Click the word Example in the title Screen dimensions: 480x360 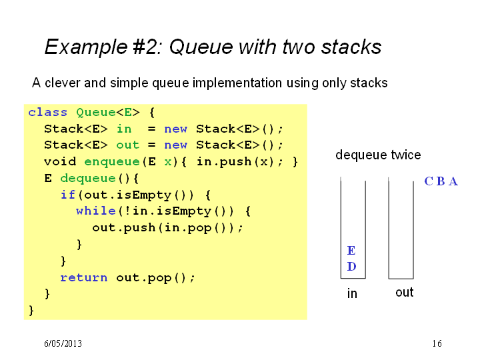click(86, 47)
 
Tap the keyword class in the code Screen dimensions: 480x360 click(48, 113)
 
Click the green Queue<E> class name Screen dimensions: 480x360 click(108, 113)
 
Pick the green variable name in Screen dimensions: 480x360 click(124, 129)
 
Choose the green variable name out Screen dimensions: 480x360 click(127, 145)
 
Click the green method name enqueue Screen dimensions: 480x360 click(112, 161)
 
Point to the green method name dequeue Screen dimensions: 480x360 click(88, 178)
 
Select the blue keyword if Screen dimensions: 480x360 click(67, 195)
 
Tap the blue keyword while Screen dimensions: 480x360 click(96, 211)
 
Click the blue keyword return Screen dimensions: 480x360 click(84, 277)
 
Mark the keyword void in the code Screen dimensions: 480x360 click(60, 161)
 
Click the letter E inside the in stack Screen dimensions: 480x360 click(351, 251)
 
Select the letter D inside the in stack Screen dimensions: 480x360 click(352, 267)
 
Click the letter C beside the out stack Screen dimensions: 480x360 click(429, 181)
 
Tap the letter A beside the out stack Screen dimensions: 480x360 click(453, 181)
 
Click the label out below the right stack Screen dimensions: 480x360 click(405, 293)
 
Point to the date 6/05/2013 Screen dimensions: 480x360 click(63, 343)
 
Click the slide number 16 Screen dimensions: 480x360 click(437, 343)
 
